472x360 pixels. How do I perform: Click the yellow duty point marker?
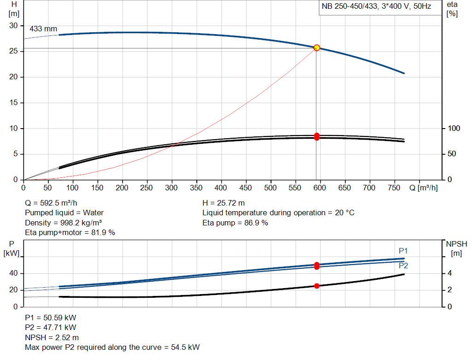click(317, 48)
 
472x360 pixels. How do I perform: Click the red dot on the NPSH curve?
click(317, 286)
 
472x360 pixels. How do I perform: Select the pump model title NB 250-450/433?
click(349, 6)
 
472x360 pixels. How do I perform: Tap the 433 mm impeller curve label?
click(43, 29)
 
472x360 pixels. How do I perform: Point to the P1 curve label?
click(403, 251)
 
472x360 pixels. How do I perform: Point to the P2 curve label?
click(403, 266)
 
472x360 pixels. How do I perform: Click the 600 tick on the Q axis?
click(320, 188)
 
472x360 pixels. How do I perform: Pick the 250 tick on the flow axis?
click(147, 188)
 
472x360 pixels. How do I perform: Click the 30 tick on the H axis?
click(13, 26)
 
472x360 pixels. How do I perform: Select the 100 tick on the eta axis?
click(454, 129)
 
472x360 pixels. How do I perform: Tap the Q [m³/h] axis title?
click(424, 188)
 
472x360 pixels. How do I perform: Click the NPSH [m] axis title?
click(456, 248)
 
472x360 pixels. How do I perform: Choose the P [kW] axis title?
click(12, 248)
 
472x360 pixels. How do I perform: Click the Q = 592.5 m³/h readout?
click(51, 203)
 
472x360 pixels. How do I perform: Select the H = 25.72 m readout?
click(224, 203)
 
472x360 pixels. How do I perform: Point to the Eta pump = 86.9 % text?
click(235, 223)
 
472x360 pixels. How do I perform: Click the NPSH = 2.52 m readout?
click(52, 337)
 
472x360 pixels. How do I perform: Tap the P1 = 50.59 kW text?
click(51, 318)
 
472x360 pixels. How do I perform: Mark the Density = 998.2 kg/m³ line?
click(63, 223)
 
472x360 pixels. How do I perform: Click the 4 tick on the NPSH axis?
click(449, 273)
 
